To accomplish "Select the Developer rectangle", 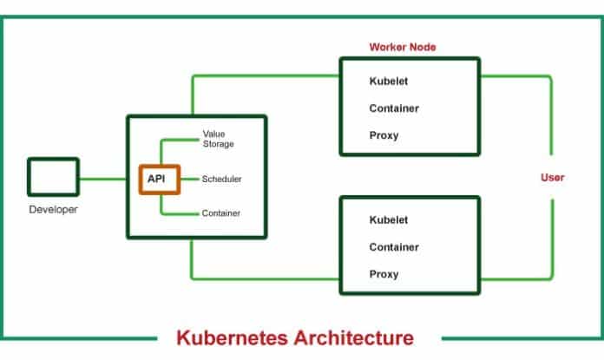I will pyautogui.click(x=53, y=176).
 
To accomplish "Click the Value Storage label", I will pyautogui.click(x=218, y=139).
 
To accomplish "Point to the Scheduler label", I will pyautogui.click(x=221, y=179).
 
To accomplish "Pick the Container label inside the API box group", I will pyautogui.click(x=221, y=213).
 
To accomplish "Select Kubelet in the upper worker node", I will pyautogui.click(x=389, y=81).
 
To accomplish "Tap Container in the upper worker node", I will pyautogui.click(x=395, y=108).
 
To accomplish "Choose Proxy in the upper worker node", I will pyautogui.click(x=384, y=135).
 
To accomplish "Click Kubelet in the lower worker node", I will pyautogui.click(x=389, y=219).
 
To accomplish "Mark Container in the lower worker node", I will pyautogui.click(x=395, y=247).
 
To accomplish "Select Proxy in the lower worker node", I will pyautogui.click(x=384, y=274).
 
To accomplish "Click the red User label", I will pyautogui.click(x=553, y=178).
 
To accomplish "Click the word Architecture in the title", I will pyautogui.click(x=354, y=337).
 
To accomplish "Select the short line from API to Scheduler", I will pyautogui.click(x=189, y=179).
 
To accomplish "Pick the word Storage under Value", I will pyautogui.click(x=220, y=144).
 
